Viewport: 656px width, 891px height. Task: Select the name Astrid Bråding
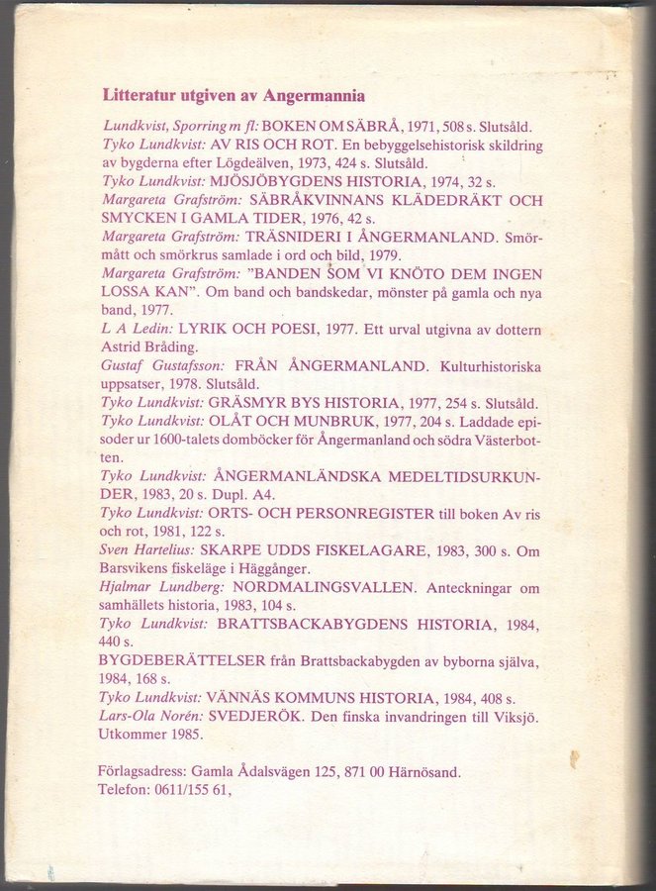click(148, 347)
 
